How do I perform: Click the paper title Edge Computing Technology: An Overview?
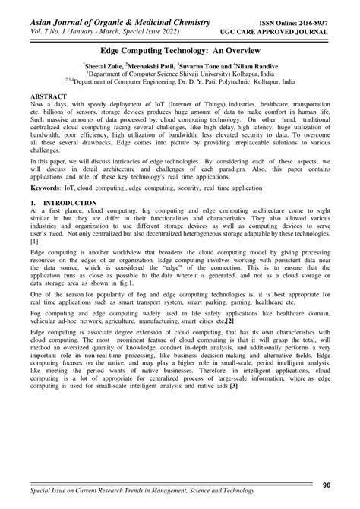(179, 46)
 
